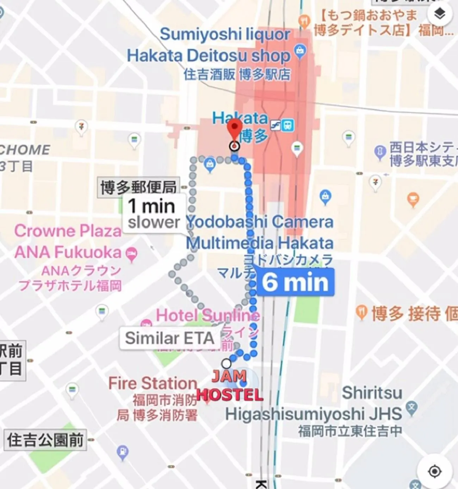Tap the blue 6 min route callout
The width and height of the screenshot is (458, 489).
pyautogui.click(x=295, y=282)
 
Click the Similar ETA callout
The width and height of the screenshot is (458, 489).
pyautogui.click(x=169, y=338)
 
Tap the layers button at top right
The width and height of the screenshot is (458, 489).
pyautogui.click(x=439, y=14)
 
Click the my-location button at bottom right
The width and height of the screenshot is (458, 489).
pyautogui.click(x=434, y=471)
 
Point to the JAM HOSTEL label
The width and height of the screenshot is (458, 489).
pyautogui.click(x=229, y=386)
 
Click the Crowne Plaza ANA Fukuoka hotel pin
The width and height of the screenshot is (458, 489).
pyautogui.click(x=131, y=253)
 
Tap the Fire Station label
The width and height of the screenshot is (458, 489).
pyautogui.click(x=153, y=383)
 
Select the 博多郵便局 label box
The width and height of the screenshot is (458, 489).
pyautogui.click(x=138, y=187)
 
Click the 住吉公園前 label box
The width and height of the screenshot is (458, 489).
pyautogui.click(x=45, y=440)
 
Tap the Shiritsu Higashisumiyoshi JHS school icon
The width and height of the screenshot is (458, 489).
pyautogui.click(x=411, y=408)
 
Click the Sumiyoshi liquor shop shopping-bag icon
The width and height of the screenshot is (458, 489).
pyautogui.click(x=300, y=52)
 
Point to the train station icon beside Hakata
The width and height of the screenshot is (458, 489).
pyautogui.click(x=288, y=125)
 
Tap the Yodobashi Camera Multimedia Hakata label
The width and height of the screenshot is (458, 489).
pyautogui.click(x=260, y=232)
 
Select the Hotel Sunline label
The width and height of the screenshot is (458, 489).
pyautogui.click(x=208, y=315)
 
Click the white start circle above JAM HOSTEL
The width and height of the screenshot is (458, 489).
pyautogui.click(x=226, y=363)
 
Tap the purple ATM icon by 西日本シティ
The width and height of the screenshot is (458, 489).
pyautogui.click(x=380, y=152)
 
